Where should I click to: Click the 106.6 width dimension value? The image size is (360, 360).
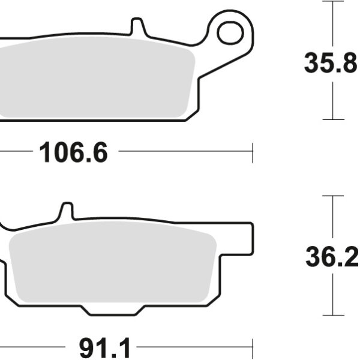[x=73, y=153]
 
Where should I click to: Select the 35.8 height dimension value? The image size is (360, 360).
[x=331, y=63]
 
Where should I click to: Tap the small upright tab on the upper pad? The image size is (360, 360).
[x=137, y=28]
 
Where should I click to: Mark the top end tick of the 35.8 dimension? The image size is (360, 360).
[x=333, y=1]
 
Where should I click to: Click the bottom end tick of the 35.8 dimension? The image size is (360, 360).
[x=333, y=119]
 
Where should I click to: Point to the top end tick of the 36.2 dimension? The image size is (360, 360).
[x=333, y=196]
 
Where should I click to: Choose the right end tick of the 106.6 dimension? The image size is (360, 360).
[x=253, y=152]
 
